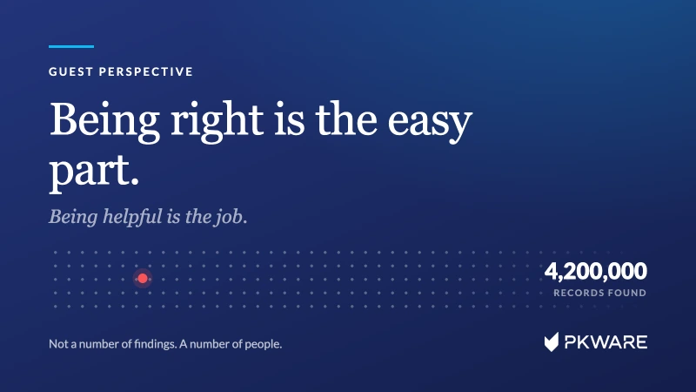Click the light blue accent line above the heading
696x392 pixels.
(71, 46)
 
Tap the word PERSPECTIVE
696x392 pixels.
(146, 71)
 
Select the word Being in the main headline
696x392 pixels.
(104, 120)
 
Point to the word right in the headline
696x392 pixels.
(217, 120)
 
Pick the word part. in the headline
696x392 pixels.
(94, 172)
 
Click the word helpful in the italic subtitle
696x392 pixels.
(132, 216)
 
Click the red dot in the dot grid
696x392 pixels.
(143, 278)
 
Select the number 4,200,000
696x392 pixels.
(596, 271)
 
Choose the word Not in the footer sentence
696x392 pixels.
(57, 343)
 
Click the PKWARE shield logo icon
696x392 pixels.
(552, 341)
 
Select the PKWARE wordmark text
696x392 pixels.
(606, 342)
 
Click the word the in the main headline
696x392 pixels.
(346, 120)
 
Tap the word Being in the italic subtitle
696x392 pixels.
(73, 217)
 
